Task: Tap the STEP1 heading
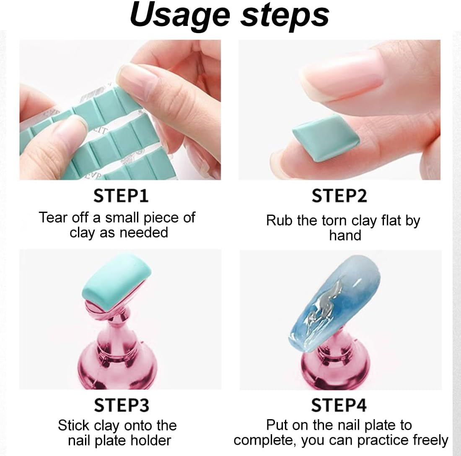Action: [121, 196]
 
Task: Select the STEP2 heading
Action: [339, 196]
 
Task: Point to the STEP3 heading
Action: [122, 405]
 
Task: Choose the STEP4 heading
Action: [339, 405]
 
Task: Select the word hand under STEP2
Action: [345, 235]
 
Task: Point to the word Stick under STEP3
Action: [74, 426]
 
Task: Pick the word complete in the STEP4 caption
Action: [264, 441]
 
